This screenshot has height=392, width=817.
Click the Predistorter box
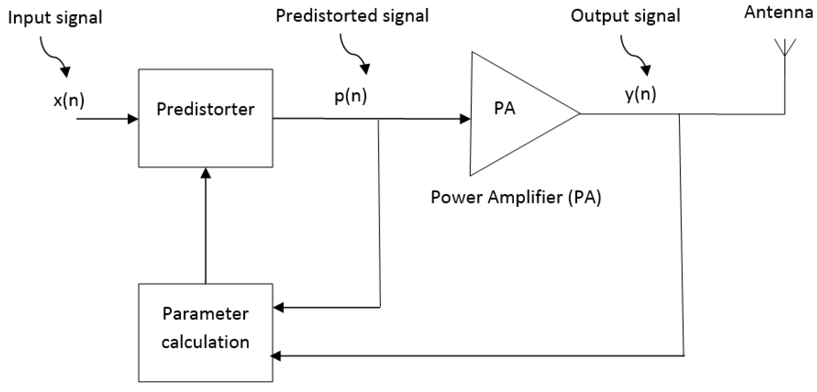[205, 118]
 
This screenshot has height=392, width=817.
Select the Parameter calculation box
[205, 333]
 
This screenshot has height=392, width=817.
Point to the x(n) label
[69, 101]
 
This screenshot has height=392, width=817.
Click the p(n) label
[350, 96]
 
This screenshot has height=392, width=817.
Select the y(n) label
[640, 94]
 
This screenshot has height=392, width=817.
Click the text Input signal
[55, 18]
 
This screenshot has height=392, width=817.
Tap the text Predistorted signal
[352, 16]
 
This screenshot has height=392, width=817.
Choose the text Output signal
[625, 16]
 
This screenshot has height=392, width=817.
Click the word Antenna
[778, 12]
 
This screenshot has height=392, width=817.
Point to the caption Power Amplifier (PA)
[516, 197]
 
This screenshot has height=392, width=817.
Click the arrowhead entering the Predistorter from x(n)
[133, 119]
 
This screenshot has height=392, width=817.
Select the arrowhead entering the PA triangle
[465, 119]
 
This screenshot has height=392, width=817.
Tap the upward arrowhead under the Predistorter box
[205, 173]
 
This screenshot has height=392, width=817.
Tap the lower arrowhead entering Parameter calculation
[276, 356]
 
